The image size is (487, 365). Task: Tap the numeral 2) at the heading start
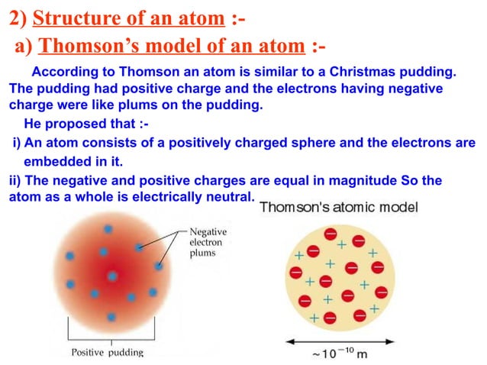(19, 15)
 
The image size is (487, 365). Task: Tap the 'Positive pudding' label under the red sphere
(107, 352)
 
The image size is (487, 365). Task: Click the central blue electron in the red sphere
(113, 276)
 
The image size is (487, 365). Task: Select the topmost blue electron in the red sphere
(108, 229)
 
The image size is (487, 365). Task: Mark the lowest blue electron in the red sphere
(111, 317)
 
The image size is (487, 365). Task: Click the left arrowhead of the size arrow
(289, 341)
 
